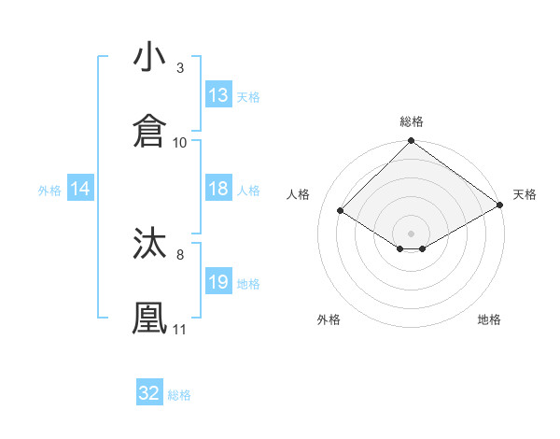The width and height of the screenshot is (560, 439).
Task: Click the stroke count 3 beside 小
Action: [180, 68]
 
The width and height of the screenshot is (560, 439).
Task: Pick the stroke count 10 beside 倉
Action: [180, 142]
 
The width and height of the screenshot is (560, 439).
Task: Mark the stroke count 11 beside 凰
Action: [180, 329]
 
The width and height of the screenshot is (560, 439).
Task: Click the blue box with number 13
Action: [218, 95]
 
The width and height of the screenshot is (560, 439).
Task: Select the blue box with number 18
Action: [218, 189]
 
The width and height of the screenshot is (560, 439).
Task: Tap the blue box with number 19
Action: [218, 282]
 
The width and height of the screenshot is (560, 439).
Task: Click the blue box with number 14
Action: [80, 190]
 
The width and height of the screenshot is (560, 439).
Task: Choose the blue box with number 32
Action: [149, 393]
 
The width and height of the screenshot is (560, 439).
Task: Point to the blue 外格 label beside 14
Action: [49, 191]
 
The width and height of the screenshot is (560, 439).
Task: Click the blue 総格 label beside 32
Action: [179, 395]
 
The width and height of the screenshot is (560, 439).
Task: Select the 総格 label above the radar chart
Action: [412, 122]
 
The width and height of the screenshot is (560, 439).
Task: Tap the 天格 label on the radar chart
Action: [525, 194]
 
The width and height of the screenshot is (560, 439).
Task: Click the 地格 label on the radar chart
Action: [489, 320]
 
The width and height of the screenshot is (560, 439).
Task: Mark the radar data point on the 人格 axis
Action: [341, 211]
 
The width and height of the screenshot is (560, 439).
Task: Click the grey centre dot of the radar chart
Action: [412, 233]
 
